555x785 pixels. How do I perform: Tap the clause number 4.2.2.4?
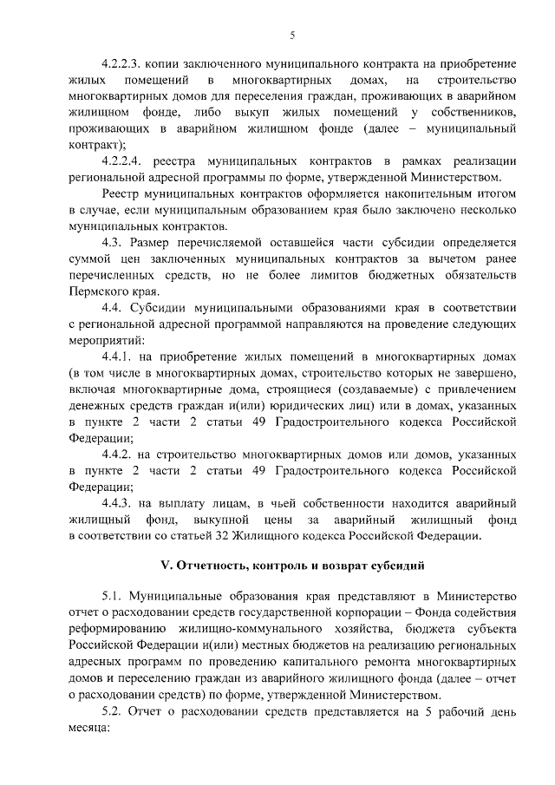pos(121,161)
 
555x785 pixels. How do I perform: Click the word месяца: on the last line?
pos(89,728)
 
